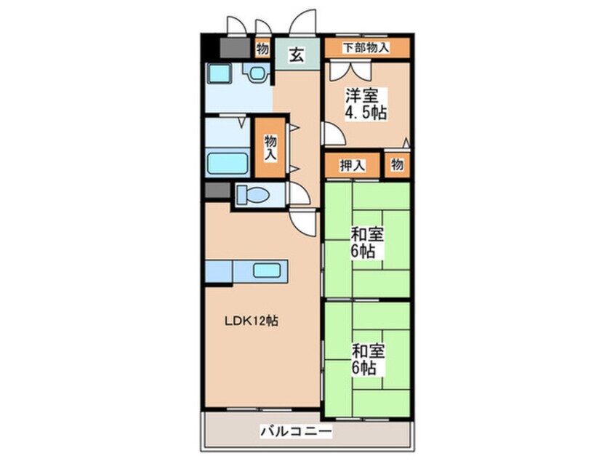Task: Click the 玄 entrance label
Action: (x=297, y=55)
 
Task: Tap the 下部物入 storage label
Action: (x=366, y=48)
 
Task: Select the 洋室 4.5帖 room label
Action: (x=366, y=103)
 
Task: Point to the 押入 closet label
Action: (x=353, y=166)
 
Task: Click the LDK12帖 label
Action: (x=251, y=321)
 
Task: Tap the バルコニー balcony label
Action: (x=297, y=432)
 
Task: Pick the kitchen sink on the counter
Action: (x=267, y=270)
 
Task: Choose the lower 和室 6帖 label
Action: (x=366, y=359)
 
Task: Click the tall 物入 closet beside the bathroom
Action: (x=270, y=148)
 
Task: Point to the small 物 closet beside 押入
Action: (x=397, y=165)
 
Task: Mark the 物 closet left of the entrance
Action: (x=262, y=48)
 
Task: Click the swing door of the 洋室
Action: (x=333, y=133)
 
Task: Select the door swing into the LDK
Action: (x=303, y=223)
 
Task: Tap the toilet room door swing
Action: (x=299, y=193)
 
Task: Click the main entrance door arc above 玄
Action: (x=302, y=22)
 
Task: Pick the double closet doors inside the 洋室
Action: (x=350, y=71)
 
